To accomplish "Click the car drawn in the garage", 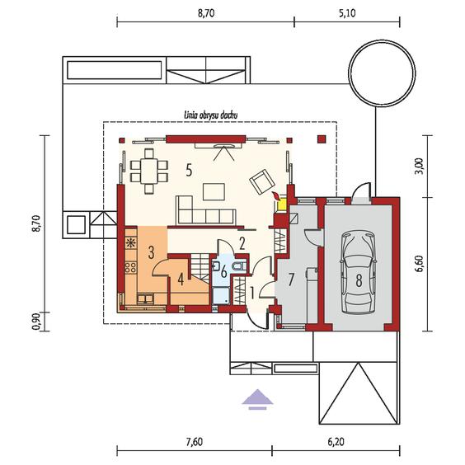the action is [359, 273].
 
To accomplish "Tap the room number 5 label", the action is [189, 171].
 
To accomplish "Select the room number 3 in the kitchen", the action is [151, 252].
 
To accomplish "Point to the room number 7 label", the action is [291, 279].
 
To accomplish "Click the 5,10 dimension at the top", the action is [347, 13].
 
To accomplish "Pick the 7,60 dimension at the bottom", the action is [195, 442].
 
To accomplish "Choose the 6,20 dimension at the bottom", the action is [336, 442].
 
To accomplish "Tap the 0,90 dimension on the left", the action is [36, 322].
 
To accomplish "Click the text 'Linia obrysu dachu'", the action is [211, 115].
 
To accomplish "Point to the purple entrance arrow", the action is [257, 399].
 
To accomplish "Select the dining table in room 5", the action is [149, 171].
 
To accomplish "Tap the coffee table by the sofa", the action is [214, 191].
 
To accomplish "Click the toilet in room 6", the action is [240, 265].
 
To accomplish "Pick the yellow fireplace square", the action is [281, 205].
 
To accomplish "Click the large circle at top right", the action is [382, 73].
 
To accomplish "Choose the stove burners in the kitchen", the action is [131, 267].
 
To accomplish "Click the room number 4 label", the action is [181, 279].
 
